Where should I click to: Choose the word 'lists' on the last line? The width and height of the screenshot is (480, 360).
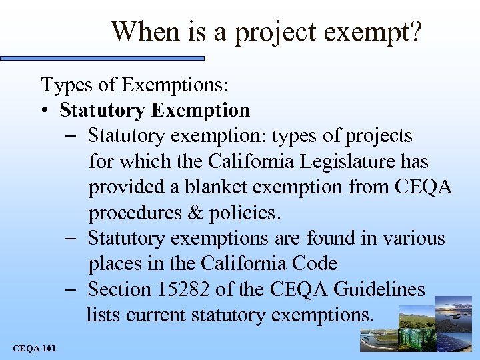click(x=103, y=314)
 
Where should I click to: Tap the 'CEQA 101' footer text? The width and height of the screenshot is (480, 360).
click(x=35, y=348)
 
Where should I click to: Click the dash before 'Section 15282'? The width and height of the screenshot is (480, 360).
click(x=73, y=289)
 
